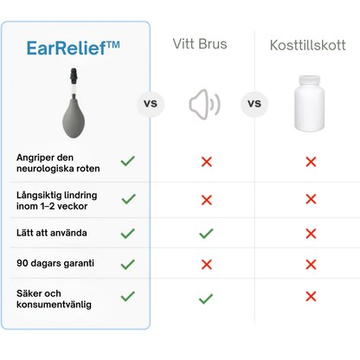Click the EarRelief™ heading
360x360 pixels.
point(74,48)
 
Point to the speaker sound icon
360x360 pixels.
point(204,106)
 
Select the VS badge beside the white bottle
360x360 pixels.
point(254,106)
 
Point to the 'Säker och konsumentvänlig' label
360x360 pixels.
point(54,299)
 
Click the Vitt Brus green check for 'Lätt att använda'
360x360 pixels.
point(206,233)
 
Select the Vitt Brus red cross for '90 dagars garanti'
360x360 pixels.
point(206,263)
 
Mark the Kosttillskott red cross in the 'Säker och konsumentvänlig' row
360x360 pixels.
point(311,299)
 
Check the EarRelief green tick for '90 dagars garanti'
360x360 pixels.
point(128,263)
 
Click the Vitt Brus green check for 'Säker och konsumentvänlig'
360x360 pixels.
point(206,299)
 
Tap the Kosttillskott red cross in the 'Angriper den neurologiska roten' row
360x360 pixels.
point(311,162)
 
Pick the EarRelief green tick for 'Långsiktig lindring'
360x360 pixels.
point(128,199)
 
